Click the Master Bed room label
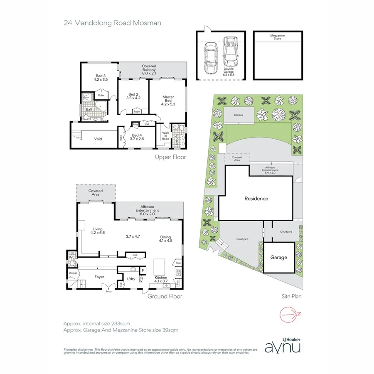167,99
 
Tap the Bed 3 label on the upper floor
100,77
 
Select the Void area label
98,139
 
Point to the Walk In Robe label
165,135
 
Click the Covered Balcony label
148,69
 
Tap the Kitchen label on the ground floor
161,279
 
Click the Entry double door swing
109,287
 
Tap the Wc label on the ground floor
71,257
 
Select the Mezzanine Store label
277,37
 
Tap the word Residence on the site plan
256,199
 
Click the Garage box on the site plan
278,257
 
